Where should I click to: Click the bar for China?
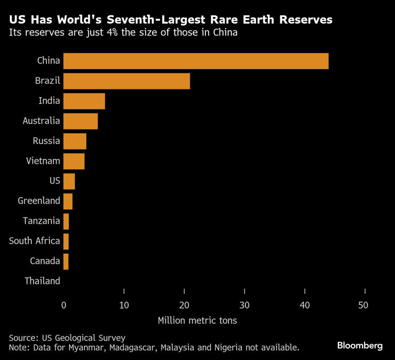click(196, 61)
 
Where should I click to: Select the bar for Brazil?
click(127, 81)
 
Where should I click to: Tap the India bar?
click(84, 101)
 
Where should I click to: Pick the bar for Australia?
click(81, 121)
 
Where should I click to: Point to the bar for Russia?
click(75, 141)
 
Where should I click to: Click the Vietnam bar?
click(74, 161)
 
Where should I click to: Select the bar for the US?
click(69, 181)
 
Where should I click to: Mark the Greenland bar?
click(68, 201)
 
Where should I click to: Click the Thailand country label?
click(42, 281)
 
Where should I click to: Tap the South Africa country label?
click(34, 241)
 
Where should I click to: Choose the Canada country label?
click(45, 261)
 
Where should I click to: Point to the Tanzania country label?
click(41, 221)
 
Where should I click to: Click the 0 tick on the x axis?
click(64, 305)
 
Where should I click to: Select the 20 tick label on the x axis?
click(184, 305)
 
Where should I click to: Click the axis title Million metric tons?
click(197, 320)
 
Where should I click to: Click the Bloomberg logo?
click(360, 345)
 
